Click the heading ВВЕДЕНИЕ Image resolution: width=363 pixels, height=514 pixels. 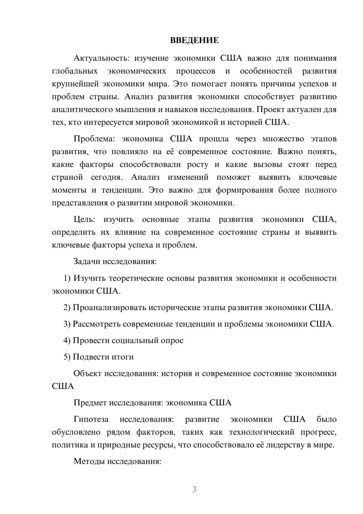tap(194, 40)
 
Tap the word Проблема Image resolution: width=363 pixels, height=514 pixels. tap(95, 139)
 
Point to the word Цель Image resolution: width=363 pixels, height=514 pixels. tap(84, 220)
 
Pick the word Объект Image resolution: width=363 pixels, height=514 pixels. tap(87, 373)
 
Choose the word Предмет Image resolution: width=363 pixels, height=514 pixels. tap(90, 403)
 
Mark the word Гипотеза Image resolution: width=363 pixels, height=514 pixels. tap(91, 419)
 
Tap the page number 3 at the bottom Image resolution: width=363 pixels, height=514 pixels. tap(194, 489)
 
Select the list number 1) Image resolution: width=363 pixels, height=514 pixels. tap(67, 278)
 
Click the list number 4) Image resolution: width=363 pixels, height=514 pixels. tap(67, 341)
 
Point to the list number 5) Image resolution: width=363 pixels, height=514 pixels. tap(67, 357)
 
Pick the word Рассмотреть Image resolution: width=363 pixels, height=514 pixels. tap(97, 324)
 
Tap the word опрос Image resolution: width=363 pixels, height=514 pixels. tap(172, 341)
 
